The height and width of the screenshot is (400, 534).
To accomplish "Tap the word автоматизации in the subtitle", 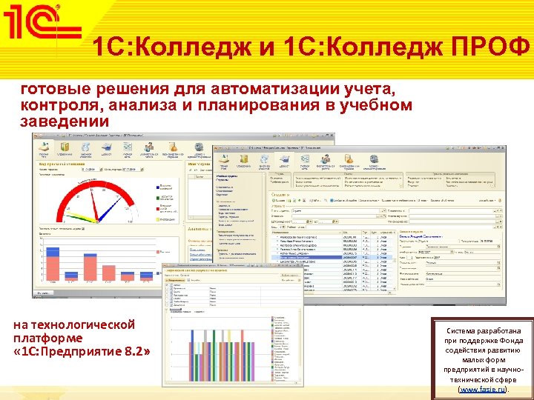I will [x=254, y=90].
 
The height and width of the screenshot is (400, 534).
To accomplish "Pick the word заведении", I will [x=65, y=121].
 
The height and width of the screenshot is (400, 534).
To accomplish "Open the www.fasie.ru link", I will [x=481, y=388].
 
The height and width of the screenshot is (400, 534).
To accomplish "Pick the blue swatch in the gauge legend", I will [x=157, y=187].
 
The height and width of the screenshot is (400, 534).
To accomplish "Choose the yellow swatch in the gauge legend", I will [x=157, y=219].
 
